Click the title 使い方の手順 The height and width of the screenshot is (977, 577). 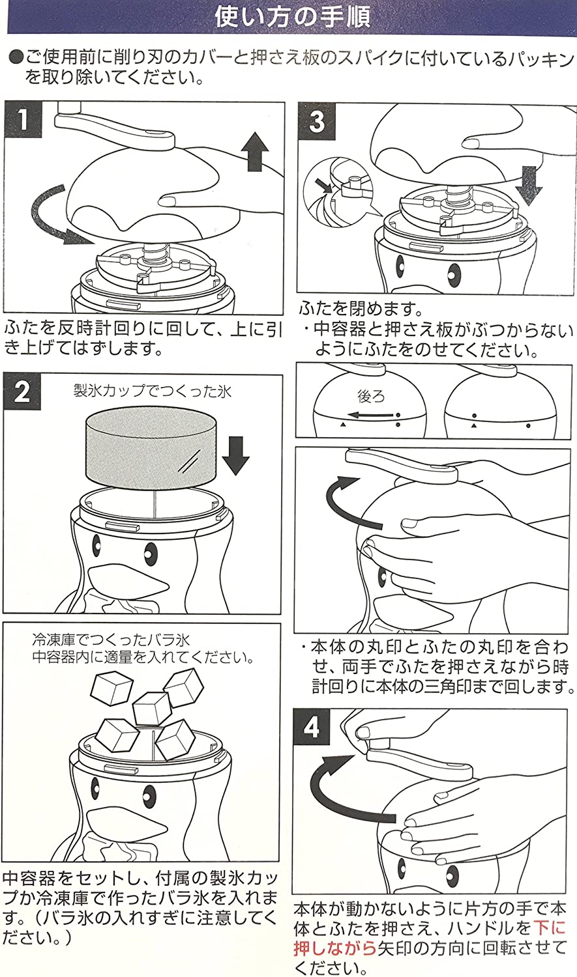tap(293, 17)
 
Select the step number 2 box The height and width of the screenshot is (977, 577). tap(23, 392)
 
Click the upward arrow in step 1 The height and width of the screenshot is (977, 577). tap(254, 149)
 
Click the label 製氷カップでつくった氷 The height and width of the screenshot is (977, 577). tap(152, 392)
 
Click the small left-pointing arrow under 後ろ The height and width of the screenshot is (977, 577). tap(371, 415)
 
